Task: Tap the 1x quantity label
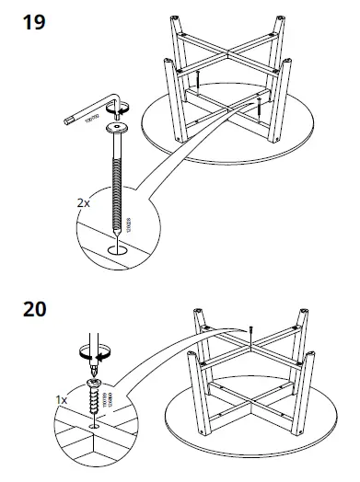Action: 61,400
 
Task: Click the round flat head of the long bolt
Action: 118,128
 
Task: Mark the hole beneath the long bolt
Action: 119,247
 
